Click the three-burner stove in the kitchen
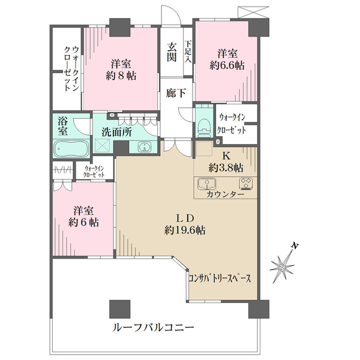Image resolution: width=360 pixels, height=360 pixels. [x=246, y=183]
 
